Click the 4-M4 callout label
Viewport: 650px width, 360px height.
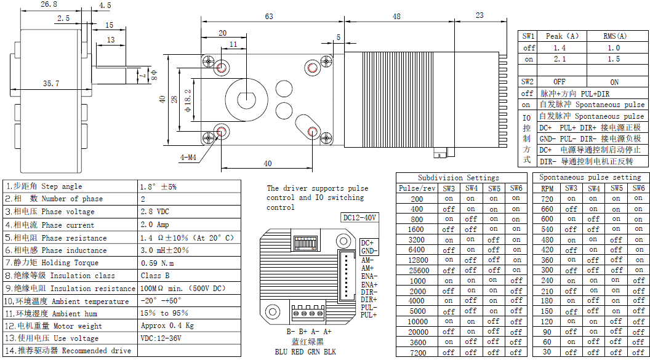[x=188, y=158]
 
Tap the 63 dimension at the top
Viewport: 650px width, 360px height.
[x=269, y=17]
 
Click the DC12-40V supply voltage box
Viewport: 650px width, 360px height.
[x=359, y=218]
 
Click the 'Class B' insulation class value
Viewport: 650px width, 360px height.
[x=154, y=276]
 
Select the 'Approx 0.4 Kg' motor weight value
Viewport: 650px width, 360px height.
[x=167, y=326]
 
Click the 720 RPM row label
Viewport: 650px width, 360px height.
[x=547, y=199]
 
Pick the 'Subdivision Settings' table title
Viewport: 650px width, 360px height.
[x=458, y=178]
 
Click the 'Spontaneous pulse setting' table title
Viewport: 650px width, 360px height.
[x=590, y=177]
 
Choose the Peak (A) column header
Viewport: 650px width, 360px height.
[x=562, y=36]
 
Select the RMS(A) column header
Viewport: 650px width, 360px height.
[x=614, y=36]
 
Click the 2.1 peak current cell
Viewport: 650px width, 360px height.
[x=560, y=59]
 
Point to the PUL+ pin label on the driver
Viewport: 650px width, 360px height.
[x=369, y=315]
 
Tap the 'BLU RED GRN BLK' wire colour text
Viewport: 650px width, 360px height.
[x=305, y=352]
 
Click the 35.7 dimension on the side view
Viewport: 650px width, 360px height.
[x=50, y=83]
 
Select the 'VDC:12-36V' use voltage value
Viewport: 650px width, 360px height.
[x=161, y=338]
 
